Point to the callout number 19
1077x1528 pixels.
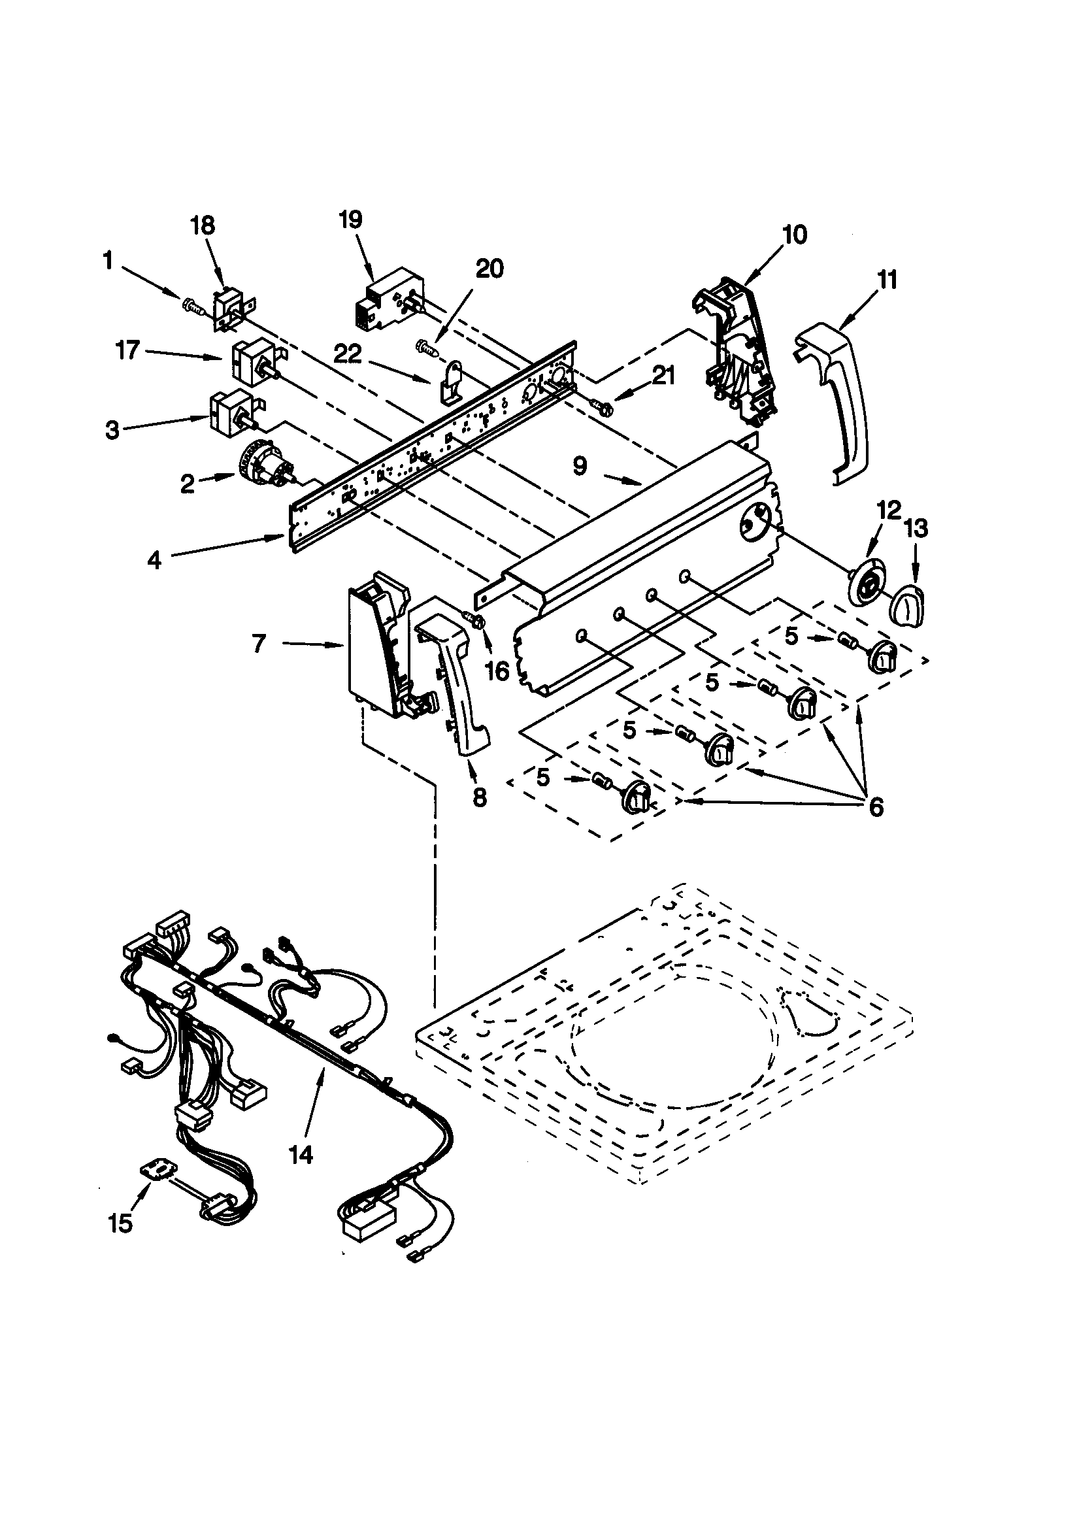[351, 220]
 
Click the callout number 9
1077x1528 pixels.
[580, 467]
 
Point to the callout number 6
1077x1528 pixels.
[876, 807]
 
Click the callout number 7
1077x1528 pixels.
[259, 644]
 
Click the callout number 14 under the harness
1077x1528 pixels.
[301, 1155]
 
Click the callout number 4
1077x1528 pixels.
[154, 559]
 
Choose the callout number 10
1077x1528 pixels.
[794, 234]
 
